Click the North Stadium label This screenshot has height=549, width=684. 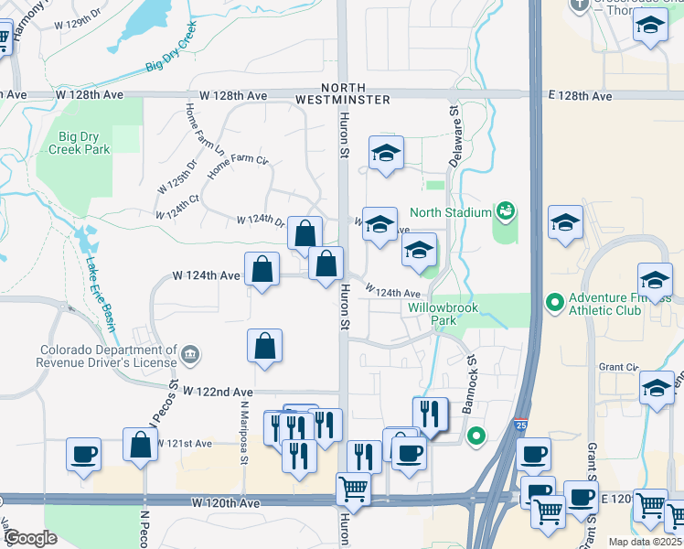tap(451, 213)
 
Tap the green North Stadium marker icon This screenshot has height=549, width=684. tap(504, 212)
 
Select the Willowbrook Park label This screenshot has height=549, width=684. tap(432, 314)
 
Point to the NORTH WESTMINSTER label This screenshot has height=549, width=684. tap(343, 93)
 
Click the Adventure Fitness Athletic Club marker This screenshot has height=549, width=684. tap(553, 301)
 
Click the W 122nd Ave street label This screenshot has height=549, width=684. tap(217, 391)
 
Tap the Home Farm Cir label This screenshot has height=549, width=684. tap(238, 167)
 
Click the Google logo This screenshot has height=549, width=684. tap(29, 538)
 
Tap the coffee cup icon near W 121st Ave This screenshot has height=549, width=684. tap(83, 454)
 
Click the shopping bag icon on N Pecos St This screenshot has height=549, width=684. tap(142, 446)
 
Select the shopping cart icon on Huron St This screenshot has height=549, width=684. tap(353, 488)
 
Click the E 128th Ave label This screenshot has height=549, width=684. tap(580, 95)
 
